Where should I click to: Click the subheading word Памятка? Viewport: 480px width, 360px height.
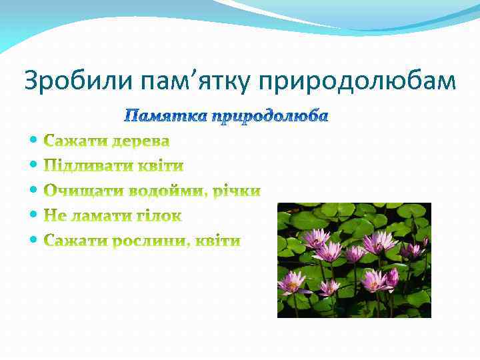point(166,117)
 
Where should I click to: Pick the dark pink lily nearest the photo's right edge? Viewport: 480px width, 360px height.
point(412,251)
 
